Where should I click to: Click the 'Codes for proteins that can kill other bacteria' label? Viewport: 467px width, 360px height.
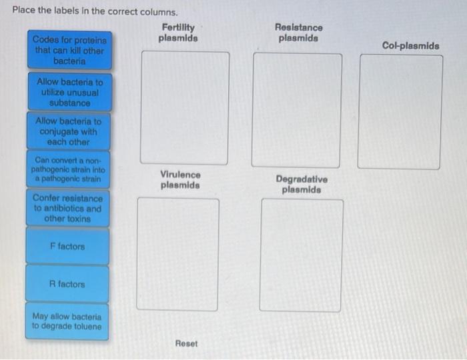pos(69,50)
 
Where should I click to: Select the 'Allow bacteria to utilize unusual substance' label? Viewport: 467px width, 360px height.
pos(69,93)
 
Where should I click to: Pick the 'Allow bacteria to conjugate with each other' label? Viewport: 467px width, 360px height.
pos(68,131)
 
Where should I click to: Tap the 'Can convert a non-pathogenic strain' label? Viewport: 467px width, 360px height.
pos(68,170)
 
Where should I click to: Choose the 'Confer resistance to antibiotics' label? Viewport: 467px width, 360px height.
pos(68,208)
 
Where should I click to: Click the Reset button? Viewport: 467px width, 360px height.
pos(186,343)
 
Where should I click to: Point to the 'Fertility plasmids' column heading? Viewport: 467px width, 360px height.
pos(178,33)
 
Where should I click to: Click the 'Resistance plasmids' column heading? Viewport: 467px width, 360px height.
pos(298,33)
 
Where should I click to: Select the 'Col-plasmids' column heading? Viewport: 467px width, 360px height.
pos(410,46)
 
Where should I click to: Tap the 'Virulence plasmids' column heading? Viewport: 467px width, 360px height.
pos(179,179)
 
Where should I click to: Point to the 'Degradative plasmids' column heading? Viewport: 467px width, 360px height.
pos(302,185)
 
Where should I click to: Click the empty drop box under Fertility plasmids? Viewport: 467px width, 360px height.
pos(185,108)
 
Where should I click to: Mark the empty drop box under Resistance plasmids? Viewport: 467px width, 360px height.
pos(298,109)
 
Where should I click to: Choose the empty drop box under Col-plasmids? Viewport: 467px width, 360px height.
pos(400,111)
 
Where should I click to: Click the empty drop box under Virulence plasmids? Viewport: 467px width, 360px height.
pos(177,253)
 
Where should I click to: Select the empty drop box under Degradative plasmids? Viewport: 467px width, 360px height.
pos(302,255)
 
